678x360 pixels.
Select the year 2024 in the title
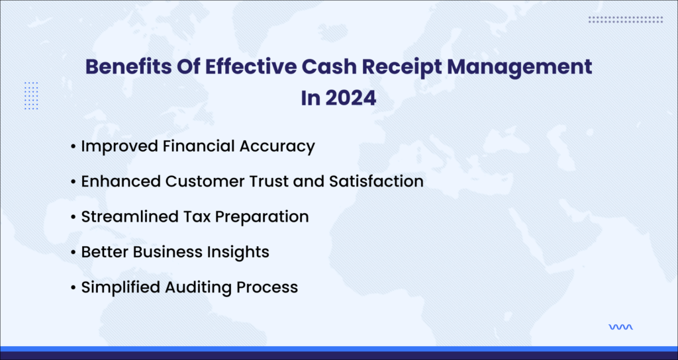coord(351,98)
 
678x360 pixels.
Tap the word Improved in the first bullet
coord(120,146)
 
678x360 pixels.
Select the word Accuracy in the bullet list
coord(277,146)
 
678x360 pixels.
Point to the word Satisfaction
coord(376,181)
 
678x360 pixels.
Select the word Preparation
coord(262,217)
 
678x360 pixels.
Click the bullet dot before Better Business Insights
coord(73,252)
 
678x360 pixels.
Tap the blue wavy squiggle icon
coord(620,327)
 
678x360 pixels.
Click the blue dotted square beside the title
coord(31,95)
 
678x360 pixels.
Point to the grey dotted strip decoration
coord(626,19)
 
